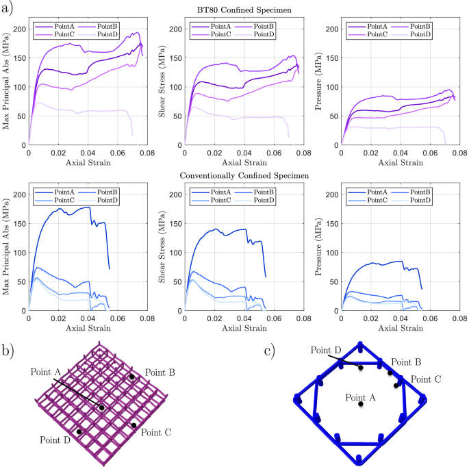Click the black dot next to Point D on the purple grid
point(80,431)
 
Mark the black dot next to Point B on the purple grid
point(132,377)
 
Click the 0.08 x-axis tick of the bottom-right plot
point(458,318)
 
